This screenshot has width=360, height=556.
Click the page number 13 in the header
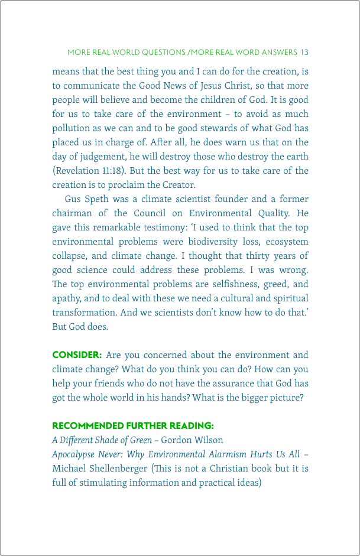tap(304, 53)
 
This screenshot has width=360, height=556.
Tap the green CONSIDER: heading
tap(77, 355)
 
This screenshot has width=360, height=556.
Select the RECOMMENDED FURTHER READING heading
tap(133, 426)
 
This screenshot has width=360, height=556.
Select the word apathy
tap(69, 298)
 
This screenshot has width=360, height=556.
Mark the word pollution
tap(72, 128)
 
